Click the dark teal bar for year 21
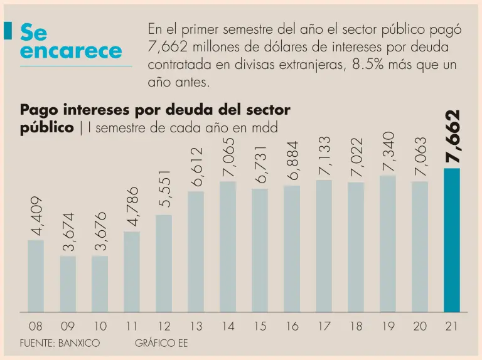(x=452, y=240)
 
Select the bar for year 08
(x=36, y=276)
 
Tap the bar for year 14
(x=228, y=246)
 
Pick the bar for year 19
(x=388, y=244)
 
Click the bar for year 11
(x=132, y=272)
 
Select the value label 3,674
(x=68, y=232)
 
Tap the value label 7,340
(x=388, y=151)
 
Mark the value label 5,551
(x=164, y=189)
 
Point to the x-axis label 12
(x=164, y=326)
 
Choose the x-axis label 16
(x=292, y=326)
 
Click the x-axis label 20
(x=420, y=326)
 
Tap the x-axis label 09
(x=68, y=326)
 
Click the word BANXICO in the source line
(x=78, y=343)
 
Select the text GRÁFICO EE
(x=161, y=343)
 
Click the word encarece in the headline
(x=71, y=51)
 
